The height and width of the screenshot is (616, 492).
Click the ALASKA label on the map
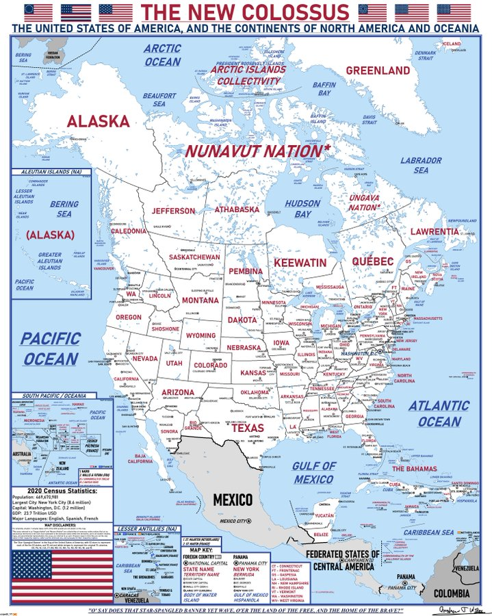point(98,121)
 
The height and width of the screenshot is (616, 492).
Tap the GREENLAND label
point(377,70)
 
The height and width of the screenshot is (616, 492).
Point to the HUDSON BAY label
point(302,209)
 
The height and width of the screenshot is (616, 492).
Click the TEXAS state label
point(247,428)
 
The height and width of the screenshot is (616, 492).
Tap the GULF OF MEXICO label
point(315,472)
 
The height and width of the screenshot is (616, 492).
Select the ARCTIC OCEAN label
point(163,55)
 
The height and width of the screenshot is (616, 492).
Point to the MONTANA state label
point(200,300)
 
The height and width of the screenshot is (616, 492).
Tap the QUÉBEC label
point(373,261)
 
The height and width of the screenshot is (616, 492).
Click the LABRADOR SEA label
point(421,165)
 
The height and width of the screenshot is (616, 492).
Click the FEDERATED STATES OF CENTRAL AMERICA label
point(342,560)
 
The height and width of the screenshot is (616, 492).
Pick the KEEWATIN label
point(300,262)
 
